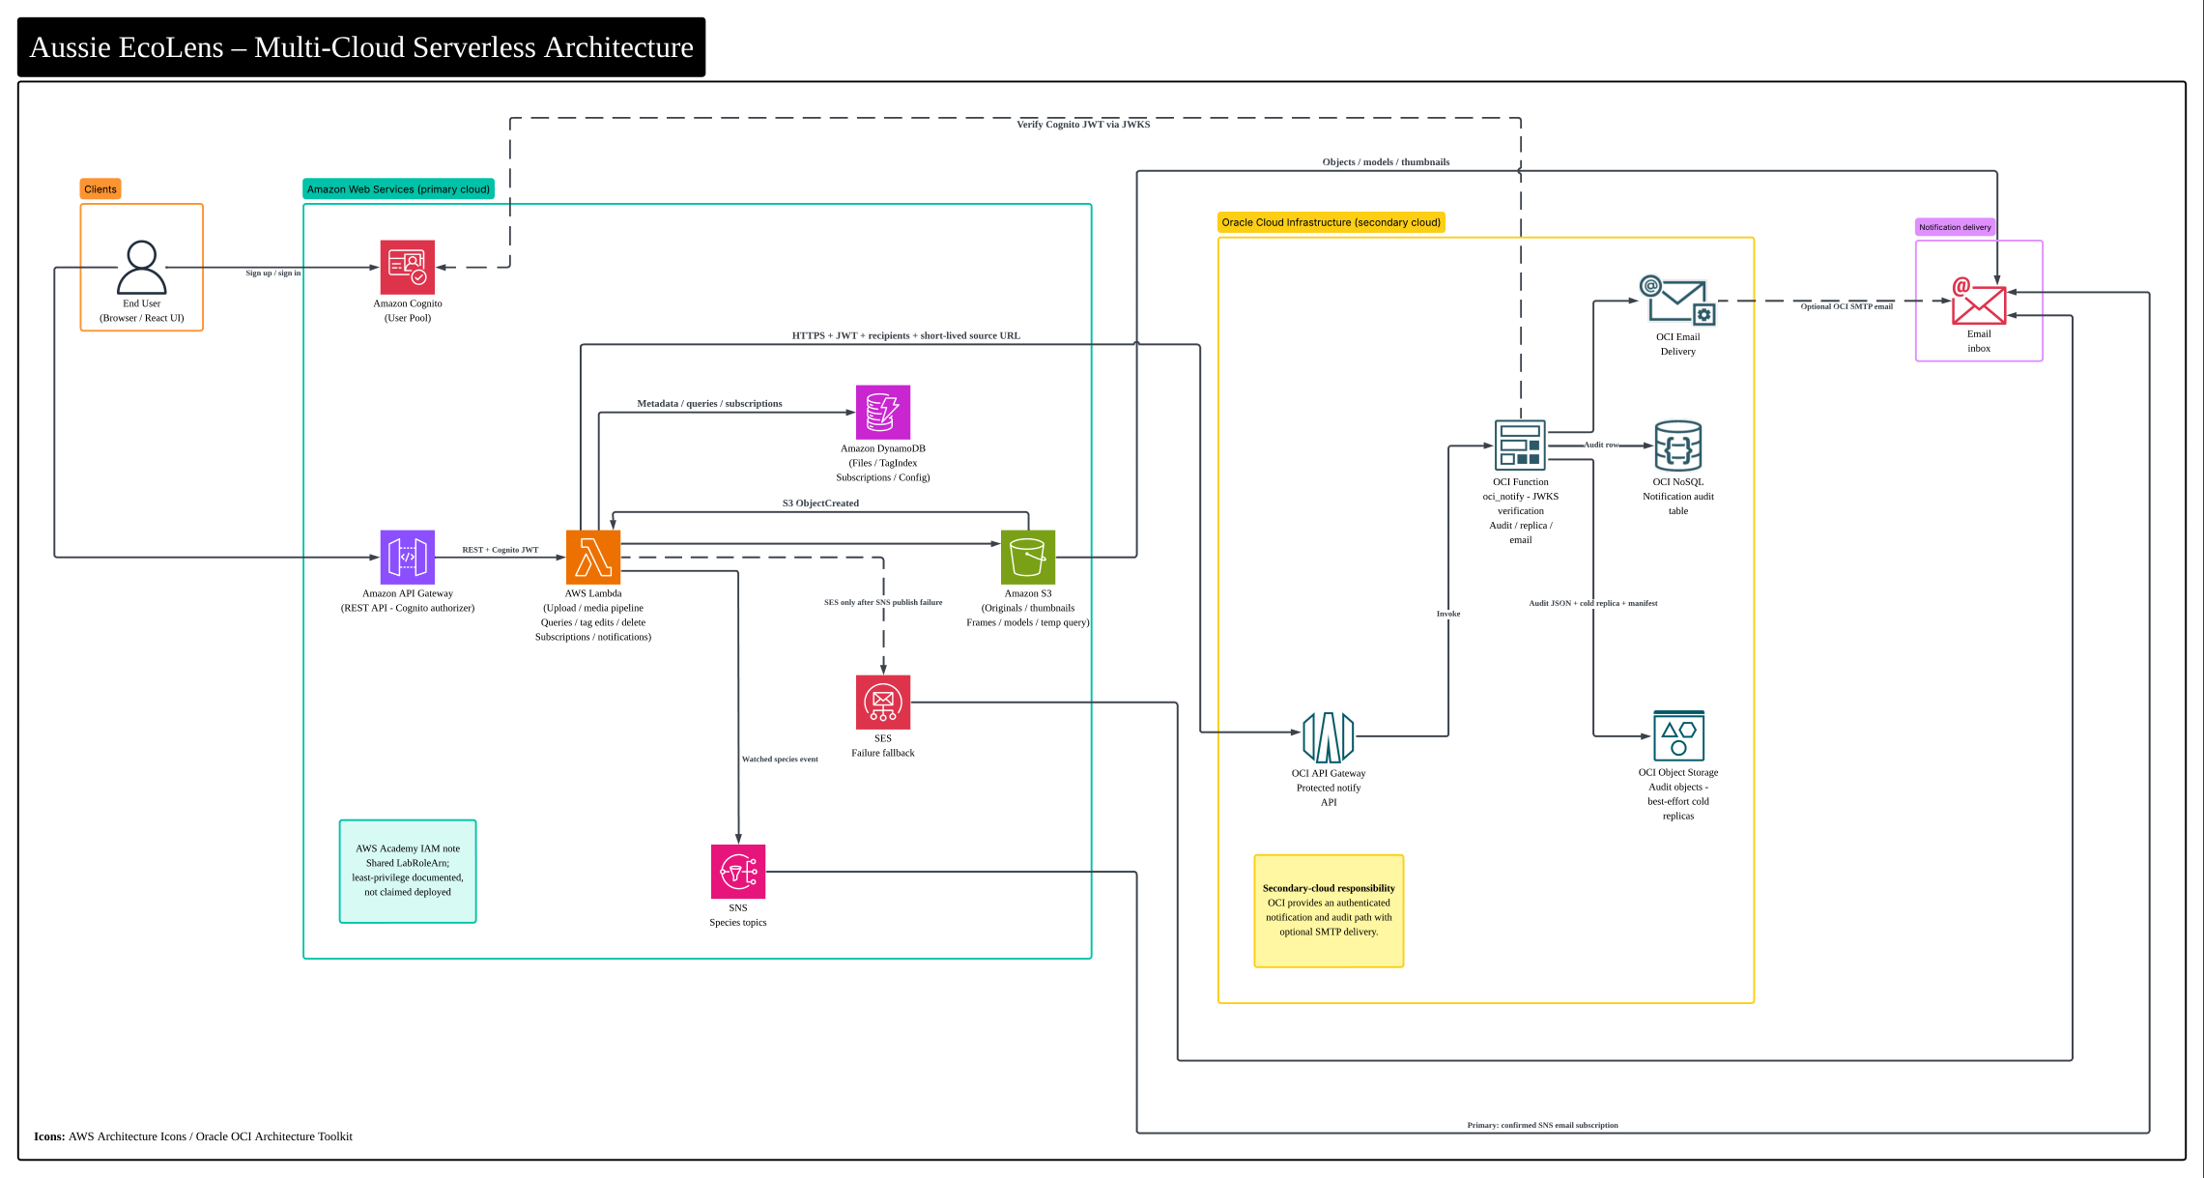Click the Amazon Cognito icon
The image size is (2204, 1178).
pyautogui.click(x=408, y=267)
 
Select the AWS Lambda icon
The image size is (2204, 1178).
pyautogui.click(x=593, y=558)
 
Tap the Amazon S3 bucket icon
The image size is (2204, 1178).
pyautogui.click(x=1028, y=558)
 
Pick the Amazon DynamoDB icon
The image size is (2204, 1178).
pyautogui.click(x=883, y=413)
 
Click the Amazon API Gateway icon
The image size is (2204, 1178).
pyautogui.click(x=408, y=558)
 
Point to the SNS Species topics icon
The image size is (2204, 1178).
pyautogui.click(x=738, y=872)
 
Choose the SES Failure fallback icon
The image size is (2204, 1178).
pyautogui.click(x=883, y=703)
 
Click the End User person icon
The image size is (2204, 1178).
pyautogui.click(x=141, y=267)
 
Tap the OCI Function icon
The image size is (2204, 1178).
pyautogui.click(x=1520, y=445)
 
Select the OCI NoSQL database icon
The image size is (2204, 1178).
pyautogui.click(x=1678, y=445)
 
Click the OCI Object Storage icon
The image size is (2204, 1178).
pyautogui.click(x=1678, y=736)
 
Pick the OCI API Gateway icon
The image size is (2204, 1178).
pyautogui.click(x=1329, y=736)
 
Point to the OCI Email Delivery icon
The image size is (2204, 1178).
pyautogui.click(x=1677, y=301)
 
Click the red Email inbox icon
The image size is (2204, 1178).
pyautogui.click(x=1978, y=301)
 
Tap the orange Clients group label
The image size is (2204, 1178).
pyautogui.click(x=100, y=189)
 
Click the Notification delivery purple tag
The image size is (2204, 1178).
pyautogui.click(x=1955, y=227)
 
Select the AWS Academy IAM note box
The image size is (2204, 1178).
pyautogui.click(x=408, y=871)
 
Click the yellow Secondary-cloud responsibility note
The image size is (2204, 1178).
pyautogui.click(x=1329, y=910)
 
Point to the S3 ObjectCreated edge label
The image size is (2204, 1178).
pyautogui.click(x=820, y=503)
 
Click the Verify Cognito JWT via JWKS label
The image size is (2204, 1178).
pyautogui.click(x=1083, y=125)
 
